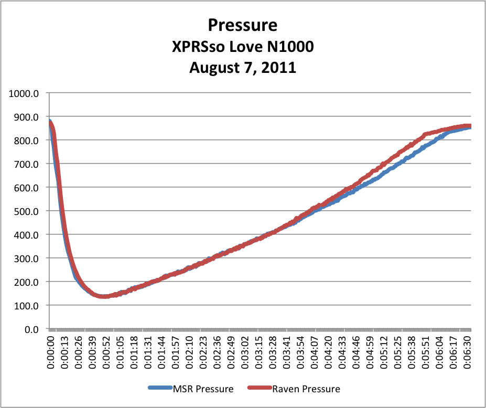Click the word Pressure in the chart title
click(x=243, y=25)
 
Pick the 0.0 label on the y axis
click(x=35, y=329)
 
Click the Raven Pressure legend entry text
click(x=306, y=389)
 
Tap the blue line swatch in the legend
click(x=159, y=389)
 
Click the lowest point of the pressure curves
click(x=104, y=296)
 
